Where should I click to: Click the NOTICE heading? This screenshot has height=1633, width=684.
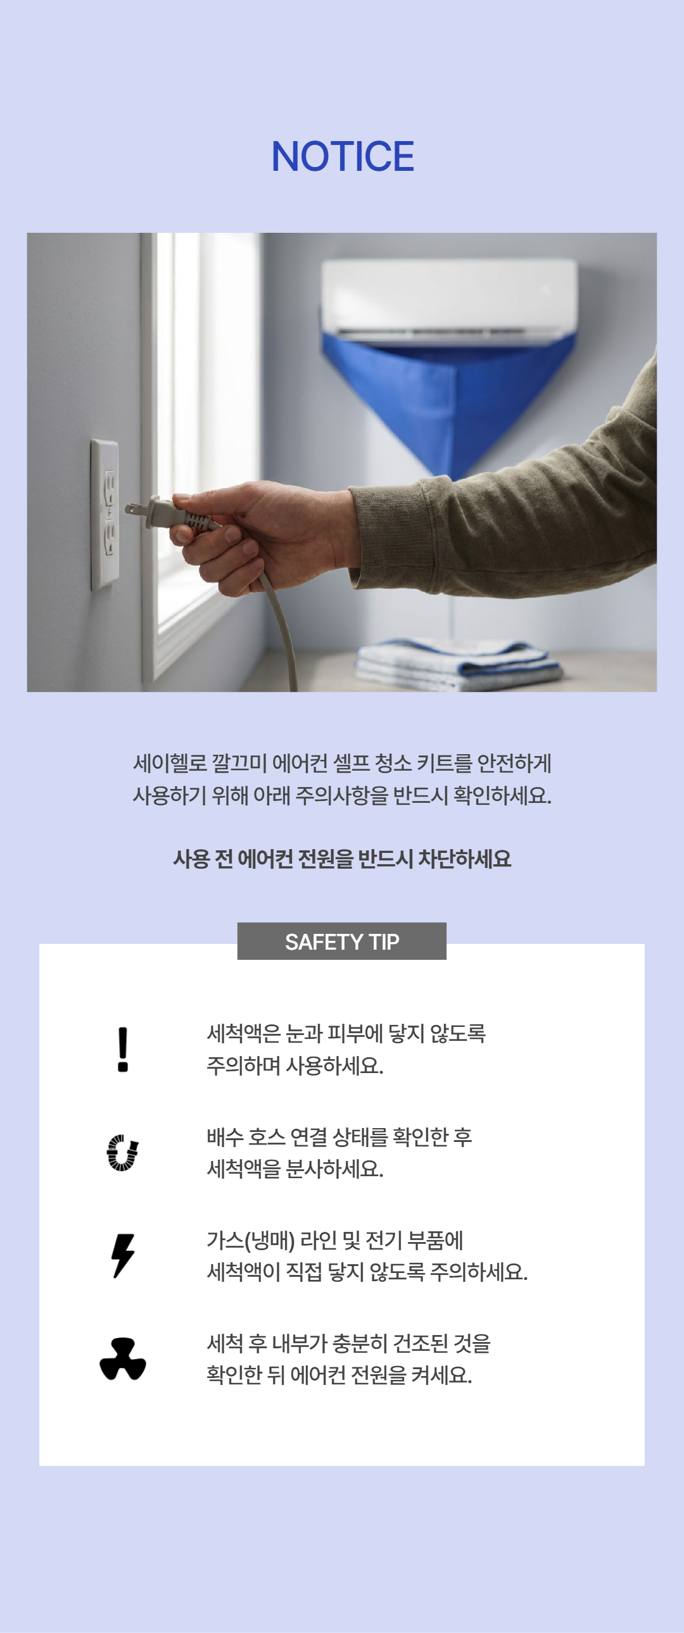click(343, 156)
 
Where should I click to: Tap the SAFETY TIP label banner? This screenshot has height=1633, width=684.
click(342, 941)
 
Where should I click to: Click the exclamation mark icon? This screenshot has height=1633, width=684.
click(123, 1050)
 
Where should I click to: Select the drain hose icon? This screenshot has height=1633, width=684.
click(122, 1153)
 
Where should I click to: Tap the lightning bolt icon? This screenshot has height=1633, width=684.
click(123, 1255)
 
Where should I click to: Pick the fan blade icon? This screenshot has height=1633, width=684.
click(123, 1358)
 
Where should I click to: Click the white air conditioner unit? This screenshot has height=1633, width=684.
click(449, 299)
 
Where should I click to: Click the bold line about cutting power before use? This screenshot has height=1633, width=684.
click(342, 859)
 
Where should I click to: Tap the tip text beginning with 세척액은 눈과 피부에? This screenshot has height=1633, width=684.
click(346, 1050)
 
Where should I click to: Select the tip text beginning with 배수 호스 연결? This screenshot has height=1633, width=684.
click(339, 1153)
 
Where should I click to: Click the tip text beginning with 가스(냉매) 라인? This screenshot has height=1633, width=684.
click(367, 1256)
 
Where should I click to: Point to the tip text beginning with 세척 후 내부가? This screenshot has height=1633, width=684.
click(349, 1359)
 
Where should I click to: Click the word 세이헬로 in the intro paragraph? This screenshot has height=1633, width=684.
click(170, 763)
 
